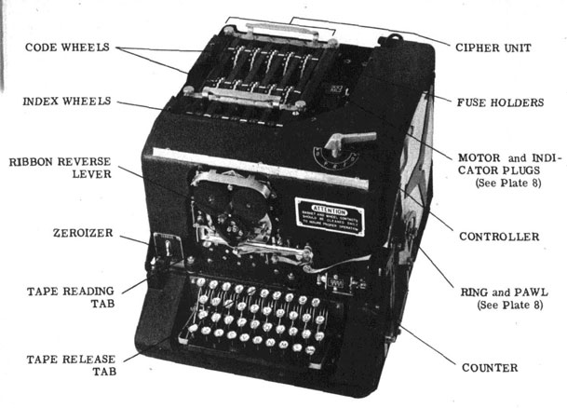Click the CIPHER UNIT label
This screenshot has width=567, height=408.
[493, 47]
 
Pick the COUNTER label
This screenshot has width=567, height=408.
[490, 367]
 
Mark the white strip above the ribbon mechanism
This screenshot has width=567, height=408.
[223, 153]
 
